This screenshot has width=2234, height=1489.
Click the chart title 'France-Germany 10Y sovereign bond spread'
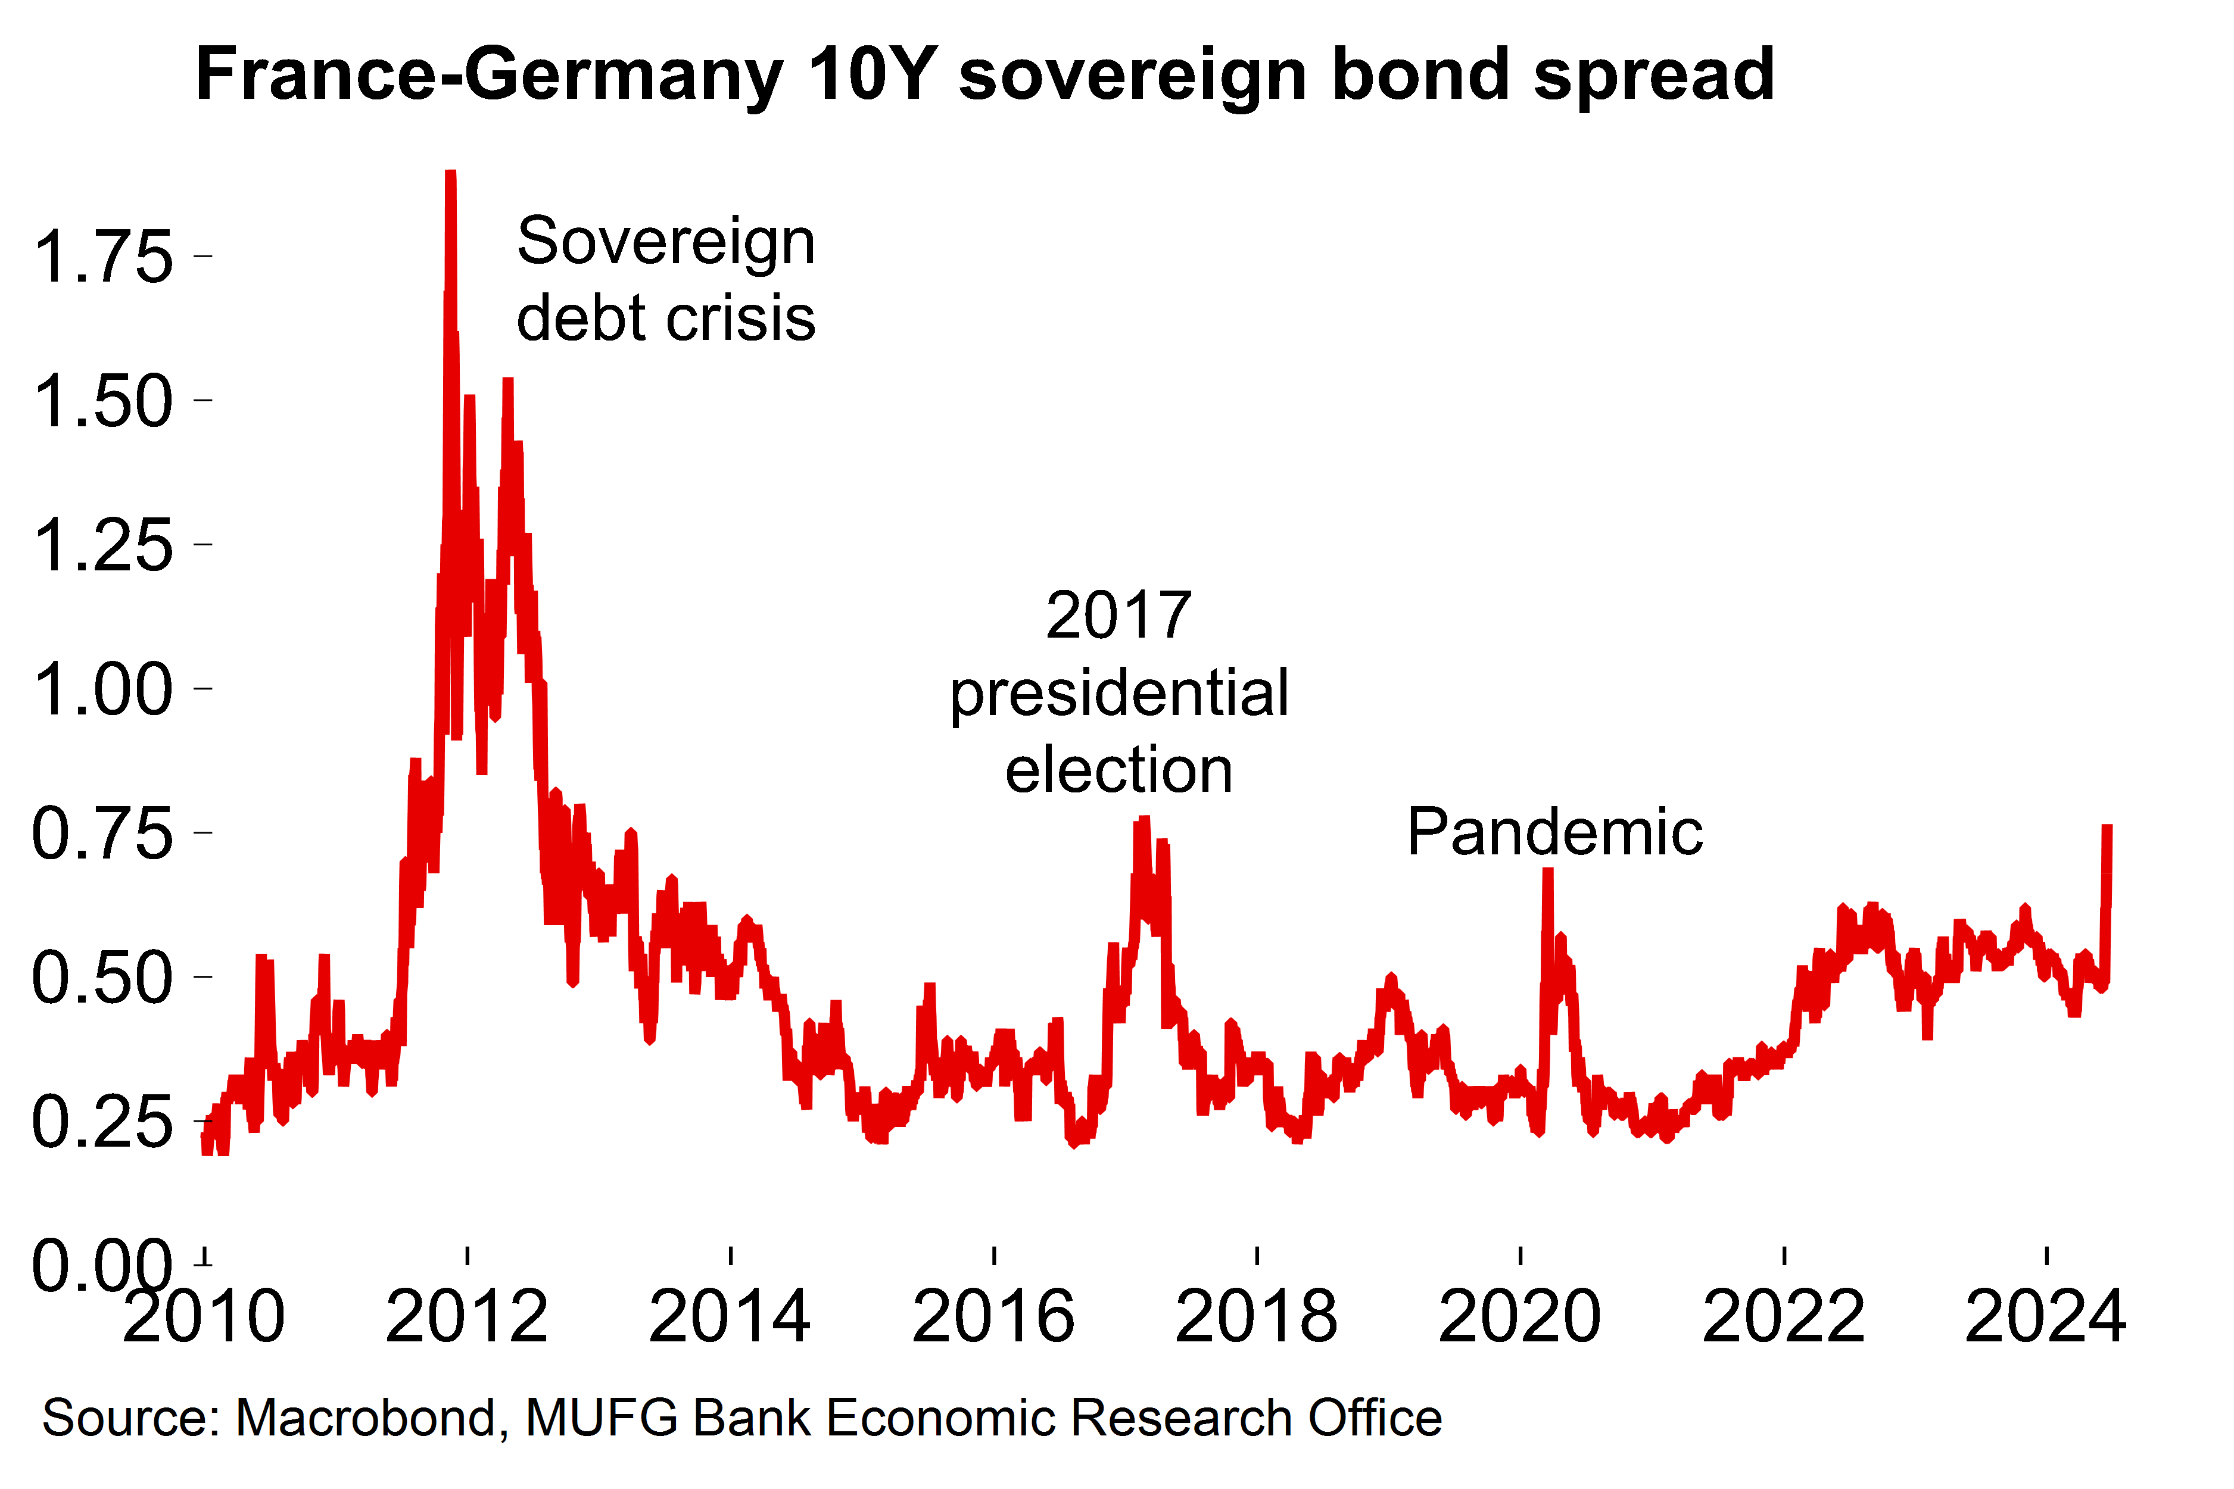(x=984, y=74)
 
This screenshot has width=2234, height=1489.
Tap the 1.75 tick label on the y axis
(x=102, y=257)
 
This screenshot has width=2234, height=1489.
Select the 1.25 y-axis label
(x=102, y=546)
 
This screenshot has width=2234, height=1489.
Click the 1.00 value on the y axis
(x=102, y=691)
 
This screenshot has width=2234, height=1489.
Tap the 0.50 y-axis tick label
(x=102, y=979)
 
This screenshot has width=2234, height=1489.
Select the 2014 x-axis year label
(x=730, y=1317)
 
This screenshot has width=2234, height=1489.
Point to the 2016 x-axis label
(x=993, y=1317)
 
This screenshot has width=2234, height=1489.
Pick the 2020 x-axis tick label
(x=1520, y=1317)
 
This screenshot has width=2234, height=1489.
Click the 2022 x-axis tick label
(x=1783, y=1317)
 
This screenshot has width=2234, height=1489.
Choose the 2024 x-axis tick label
(x=2045, y=1317)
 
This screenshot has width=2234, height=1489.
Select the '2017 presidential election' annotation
(x=1119, y=692)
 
